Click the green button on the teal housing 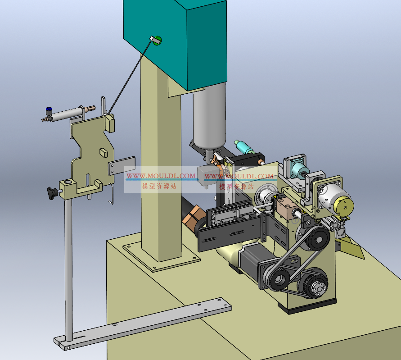pyautogui.click(x=157, y=41)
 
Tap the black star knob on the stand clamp pyautogui.click(x=52, y=192)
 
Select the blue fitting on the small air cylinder pyautogui.click(x=48, y=111)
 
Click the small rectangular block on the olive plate pyautogui.click(x=104, y=152)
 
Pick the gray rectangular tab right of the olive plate pyautogui.click(x=122, y=165)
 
